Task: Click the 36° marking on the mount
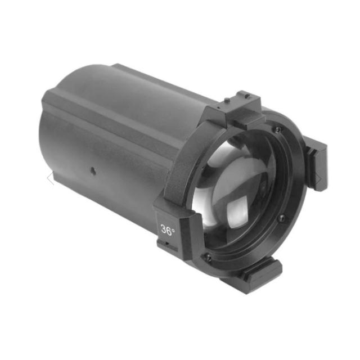click(168, 229)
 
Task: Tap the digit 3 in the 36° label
click(164, 229)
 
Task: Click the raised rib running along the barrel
click(112, 112)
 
